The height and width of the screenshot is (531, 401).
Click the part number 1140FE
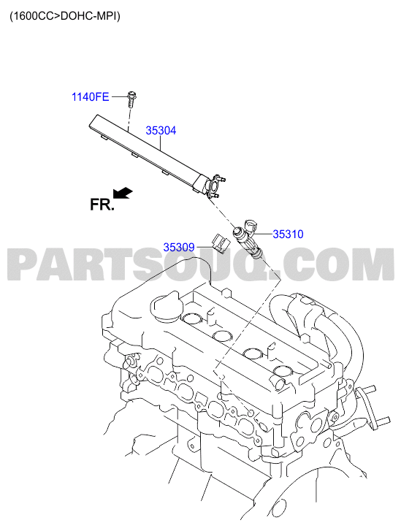[x=90, y=97]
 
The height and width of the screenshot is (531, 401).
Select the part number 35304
[x=161, y=131]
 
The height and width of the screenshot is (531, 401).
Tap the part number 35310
[x=288, y=234]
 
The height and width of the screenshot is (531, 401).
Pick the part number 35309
[x=179, y=247]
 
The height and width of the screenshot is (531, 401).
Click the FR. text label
[x=102, y=205]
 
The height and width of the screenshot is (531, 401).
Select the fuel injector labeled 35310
[x=248, y=240]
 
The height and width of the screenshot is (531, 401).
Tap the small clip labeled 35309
[x=220, y=243]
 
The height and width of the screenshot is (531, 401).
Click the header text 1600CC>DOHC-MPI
[x=65, y=16]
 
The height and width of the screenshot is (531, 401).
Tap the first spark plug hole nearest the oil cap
[x=192, y=318]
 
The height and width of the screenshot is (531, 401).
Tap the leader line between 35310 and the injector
[x=263, y=234]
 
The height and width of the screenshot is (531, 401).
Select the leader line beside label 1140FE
[x=120, y=97]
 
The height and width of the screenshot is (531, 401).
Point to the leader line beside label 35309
[x=204, y=247]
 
